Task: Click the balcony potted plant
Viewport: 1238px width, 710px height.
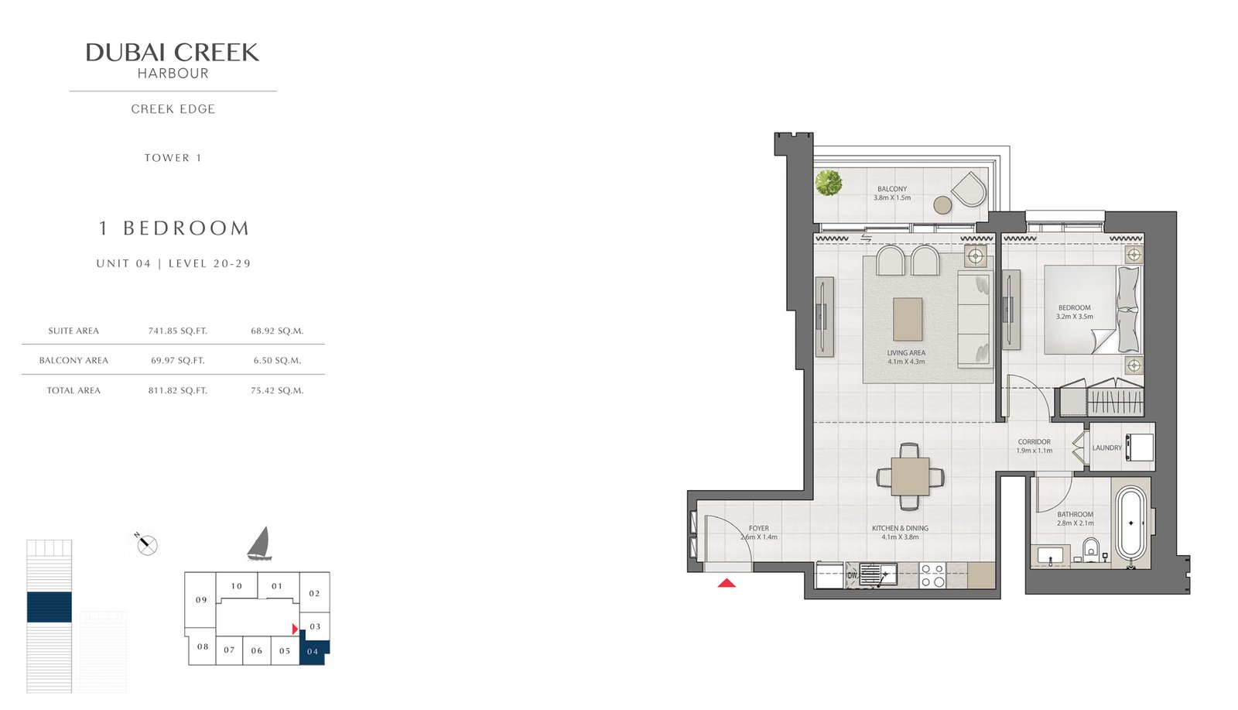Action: pyautogui.click(x=829, y=183)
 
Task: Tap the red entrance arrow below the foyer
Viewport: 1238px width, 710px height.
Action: pyautogui.click(x=727, y=582)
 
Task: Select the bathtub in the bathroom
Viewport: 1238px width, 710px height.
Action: pyautogui.click(x=1130, y=523)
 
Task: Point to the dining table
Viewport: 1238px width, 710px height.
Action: pyautogui.click(x=910, y=477)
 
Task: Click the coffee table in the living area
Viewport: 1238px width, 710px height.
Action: pyautogui.click(x=908, y=319)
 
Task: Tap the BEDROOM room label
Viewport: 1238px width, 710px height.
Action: pyautogui.click(x=1075, y=308)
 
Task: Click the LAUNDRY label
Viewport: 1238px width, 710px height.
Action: pyautogui.click(x=1107, y=448)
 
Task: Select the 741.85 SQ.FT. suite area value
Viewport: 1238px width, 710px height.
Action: pyautogui.click(x=177, y=331)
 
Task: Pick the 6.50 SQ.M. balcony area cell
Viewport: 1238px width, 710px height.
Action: pyautogui.click(x=277, y=361)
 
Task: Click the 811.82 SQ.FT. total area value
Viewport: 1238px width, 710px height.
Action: pyautogui.click(x=177, y=390)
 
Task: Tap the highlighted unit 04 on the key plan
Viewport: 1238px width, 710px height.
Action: pyautogui.click(x=314, y=651)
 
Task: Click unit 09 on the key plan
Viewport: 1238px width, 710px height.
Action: pyautogui.click(x=201, y=600)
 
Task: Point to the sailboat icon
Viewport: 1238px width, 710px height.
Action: pyautogui.click(x=259, y=544)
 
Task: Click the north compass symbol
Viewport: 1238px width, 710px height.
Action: pyautogui.click(x=146, y=544)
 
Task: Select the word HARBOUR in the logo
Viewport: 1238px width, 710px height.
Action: pyautogui.click(x=173, y=74)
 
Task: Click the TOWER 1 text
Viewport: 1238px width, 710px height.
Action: pyautogui.click(x=173, y=158)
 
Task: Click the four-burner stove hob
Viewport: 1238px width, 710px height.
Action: pyautogui.click(x=932, y=575)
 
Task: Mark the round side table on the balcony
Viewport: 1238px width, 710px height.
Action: pyautogui.click(x=943, y=205)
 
